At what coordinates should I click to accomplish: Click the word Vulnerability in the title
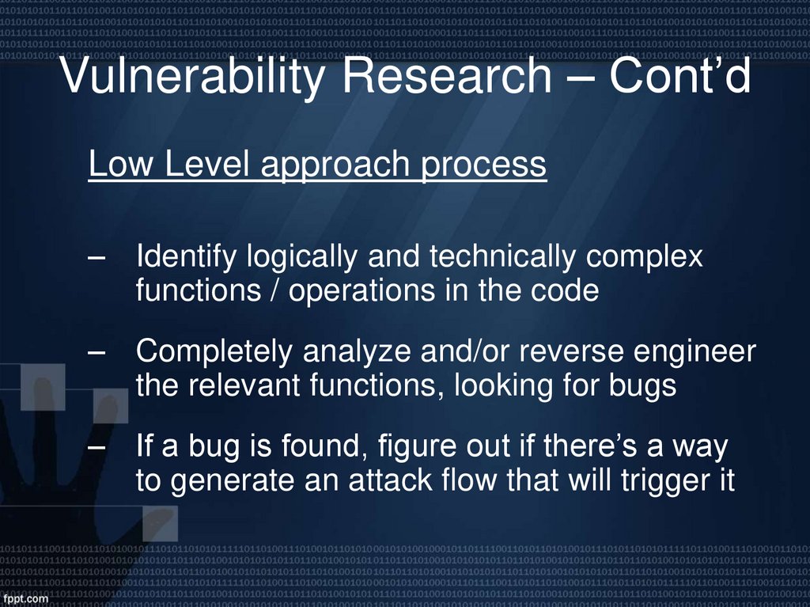[190, 77]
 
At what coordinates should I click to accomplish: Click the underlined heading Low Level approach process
[317, 165]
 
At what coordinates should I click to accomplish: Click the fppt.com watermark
[26, 598]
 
